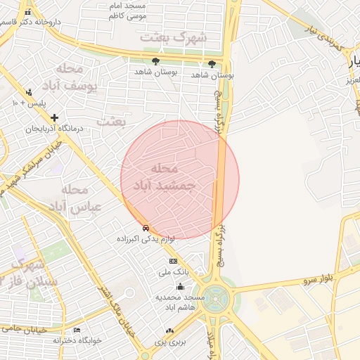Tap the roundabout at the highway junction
[216, 297]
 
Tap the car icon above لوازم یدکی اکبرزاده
[146, 229]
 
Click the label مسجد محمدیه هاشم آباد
[180, 303]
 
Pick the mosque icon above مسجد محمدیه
[180, 286]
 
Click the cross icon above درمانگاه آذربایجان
[54, 117]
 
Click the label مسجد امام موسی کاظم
[127, 10]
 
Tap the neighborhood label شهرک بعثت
[173, 37]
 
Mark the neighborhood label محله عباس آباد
[75, 198]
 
